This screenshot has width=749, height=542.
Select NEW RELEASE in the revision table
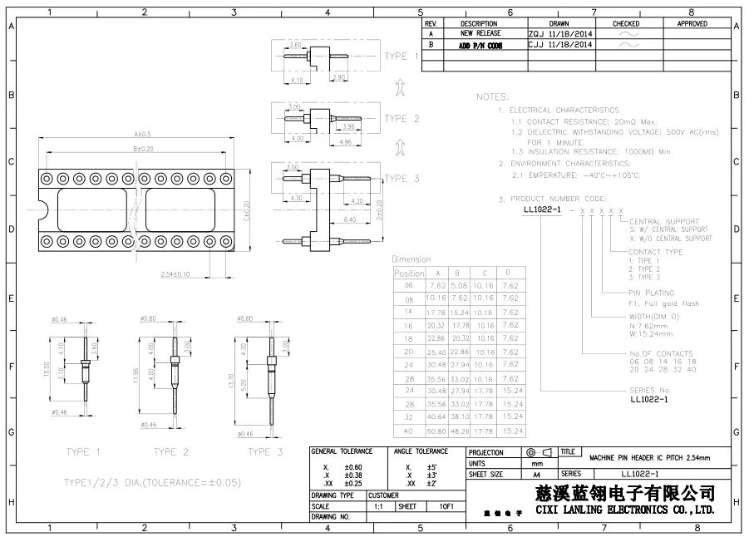point(480,34)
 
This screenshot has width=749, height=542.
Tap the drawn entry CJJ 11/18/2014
point(560,45)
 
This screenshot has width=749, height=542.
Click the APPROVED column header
point(691,24)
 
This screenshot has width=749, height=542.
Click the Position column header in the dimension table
point(409,273)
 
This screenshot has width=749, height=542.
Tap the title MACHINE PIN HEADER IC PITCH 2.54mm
point(649,458)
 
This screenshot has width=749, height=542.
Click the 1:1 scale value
point(378,505)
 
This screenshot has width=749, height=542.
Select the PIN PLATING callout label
point(652,293)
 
